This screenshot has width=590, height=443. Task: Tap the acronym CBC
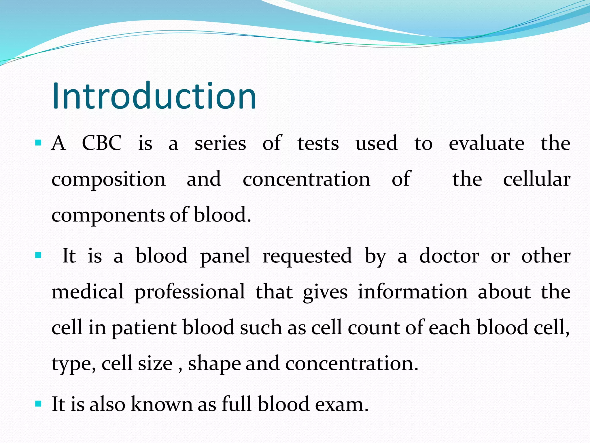(102, 143)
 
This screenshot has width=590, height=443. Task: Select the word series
(220, 144)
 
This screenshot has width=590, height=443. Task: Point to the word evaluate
(487, 143)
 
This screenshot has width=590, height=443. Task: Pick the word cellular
(537, 179)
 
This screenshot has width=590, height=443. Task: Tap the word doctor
(449, 256)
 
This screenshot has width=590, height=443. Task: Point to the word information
(413, 292)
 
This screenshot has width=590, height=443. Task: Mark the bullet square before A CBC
(38, 142)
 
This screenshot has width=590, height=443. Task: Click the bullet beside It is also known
(38, 403)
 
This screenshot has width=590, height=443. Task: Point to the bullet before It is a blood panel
(38, 255)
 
